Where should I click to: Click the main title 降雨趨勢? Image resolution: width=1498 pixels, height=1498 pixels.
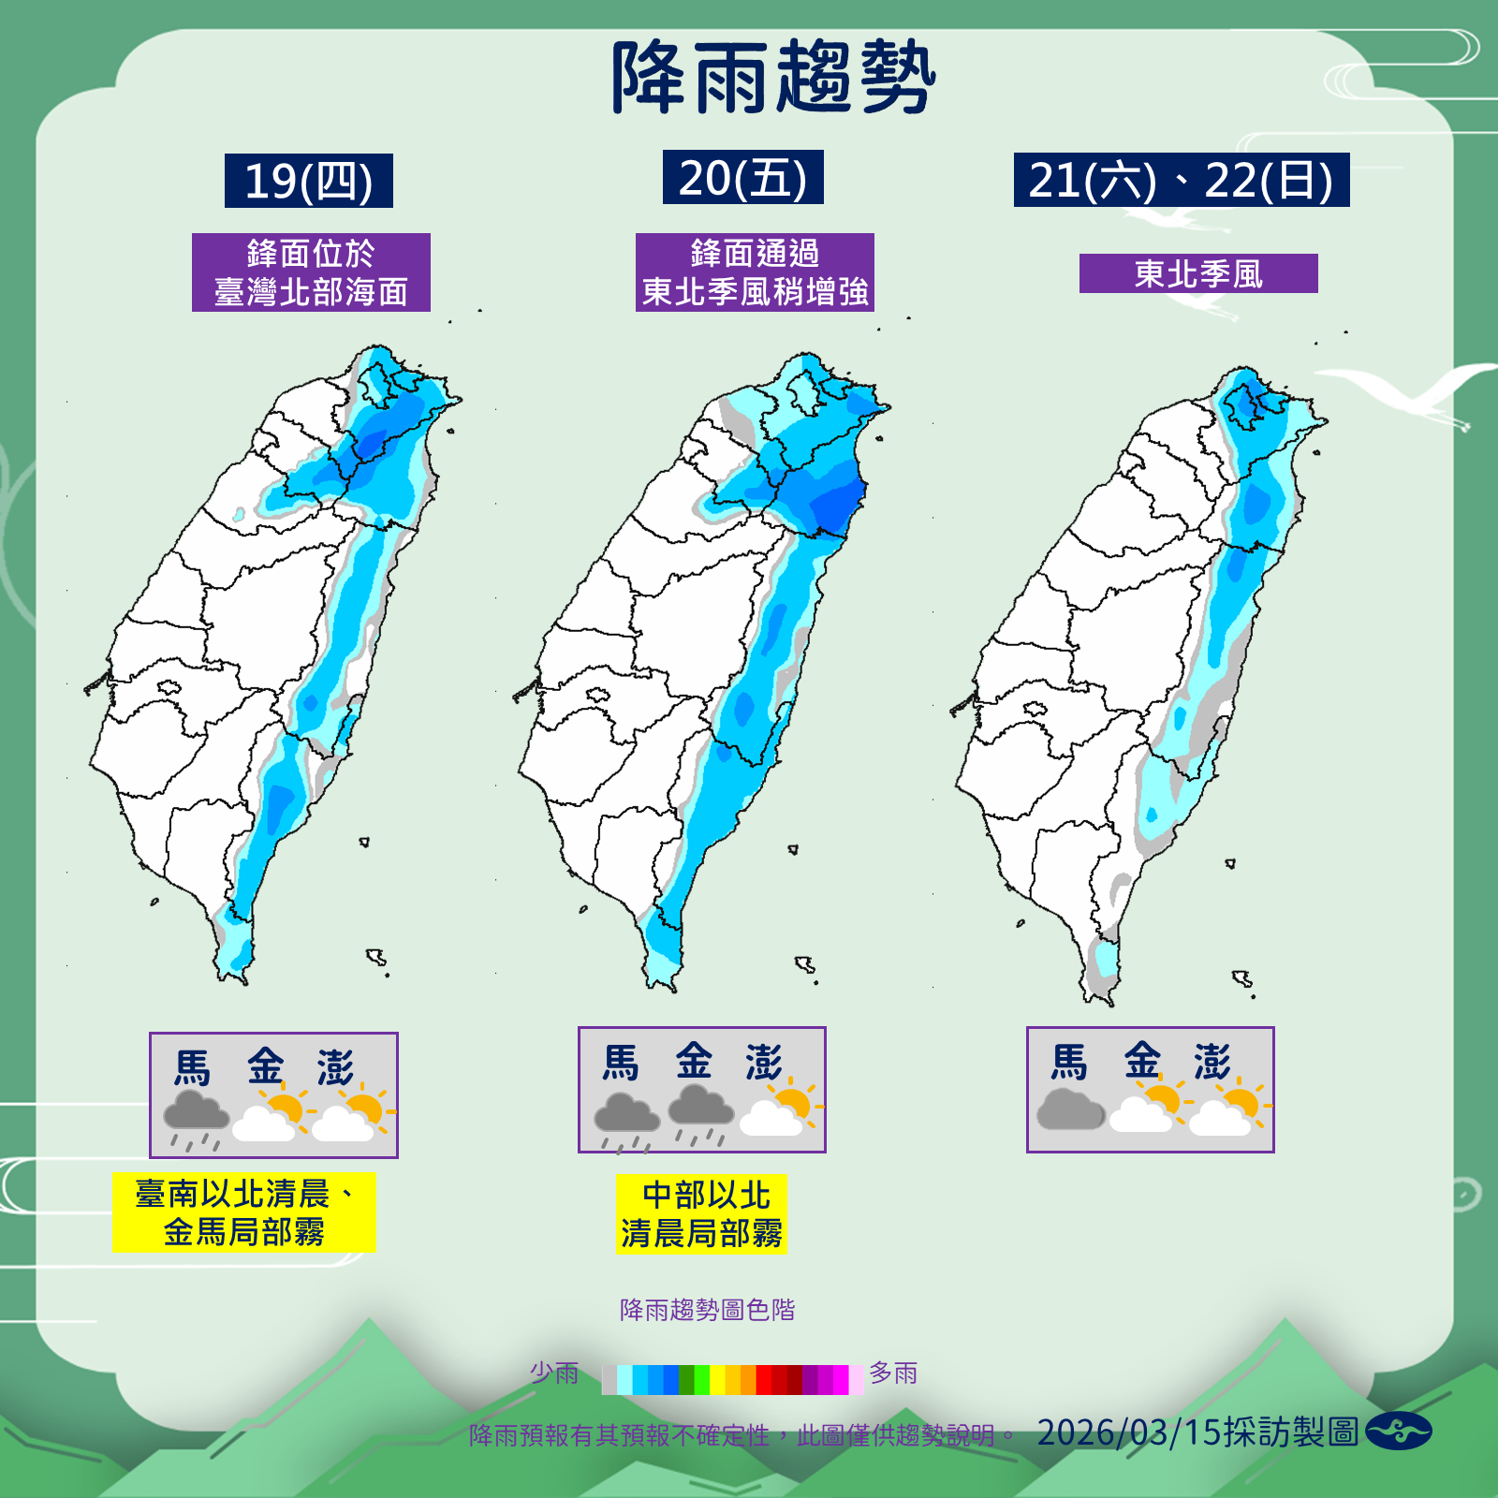(x=773, y=78)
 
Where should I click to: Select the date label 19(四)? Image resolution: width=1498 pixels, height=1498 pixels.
(x=308, y=181)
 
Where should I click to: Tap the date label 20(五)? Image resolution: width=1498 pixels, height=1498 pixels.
(x=742, y=177)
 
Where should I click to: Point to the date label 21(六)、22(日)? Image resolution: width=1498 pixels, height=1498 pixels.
(x=1181, y=180)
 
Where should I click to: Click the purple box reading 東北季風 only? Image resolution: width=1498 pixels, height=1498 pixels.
(x=1198, y=273)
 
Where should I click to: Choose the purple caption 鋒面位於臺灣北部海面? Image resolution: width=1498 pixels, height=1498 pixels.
(x=311, y=272)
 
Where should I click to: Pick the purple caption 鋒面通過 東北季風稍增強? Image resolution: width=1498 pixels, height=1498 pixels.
(x=755, y=272)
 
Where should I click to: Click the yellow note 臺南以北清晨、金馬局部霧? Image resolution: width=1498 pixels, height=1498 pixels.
(x=243, y=1212)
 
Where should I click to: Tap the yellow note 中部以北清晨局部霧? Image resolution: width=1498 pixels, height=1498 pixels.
(x=701, y=1214)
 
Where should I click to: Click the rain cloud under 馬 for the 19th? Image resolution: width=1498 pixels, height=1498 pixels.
(x=196, y=1118)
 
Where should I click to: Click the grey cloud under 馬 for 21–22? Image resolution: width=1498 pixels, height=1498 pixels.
(x=1070, y=1109)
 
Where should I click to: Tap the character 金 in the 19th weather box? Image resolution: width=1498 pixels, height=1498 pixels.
(x=266, y=1066)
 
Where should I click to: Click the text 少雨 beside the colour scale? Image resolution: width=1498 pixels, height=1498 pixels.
(x=554, y=1373)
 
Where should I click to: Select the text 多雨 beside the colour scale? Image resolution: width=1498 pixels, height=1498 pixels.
(x=893, y=1373)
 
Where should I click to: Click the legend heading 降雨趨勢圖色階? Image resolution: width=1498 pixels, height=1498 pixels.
(x=707, y=1310)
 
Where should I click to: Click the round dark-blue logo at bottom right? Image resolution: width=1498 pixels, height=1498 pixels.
(x=1398, y=1432)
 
